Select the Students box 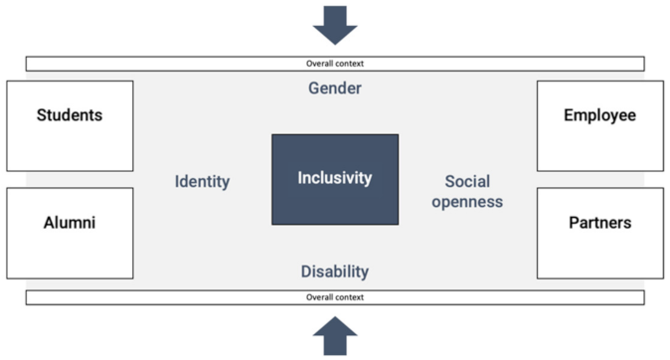coord(70,125)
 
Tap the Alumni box coord(70,233)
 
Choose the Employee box coord(599,125)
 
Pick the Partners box coord(599,233)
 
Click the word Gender coord(334,89)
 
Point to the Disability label coord(334,271)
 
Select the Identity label coord(202,181)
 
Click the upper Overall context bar coord(335,64)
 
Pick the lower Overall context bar coord(335,297)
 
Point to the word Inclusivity coord(335,178)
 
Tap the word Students coord(70,114)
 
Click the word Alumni coord(70,223)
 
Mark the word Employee coord(599,114)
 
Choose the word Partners coord(599,223)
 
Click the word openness coord(473,202)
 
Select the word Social coord(467,181)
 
